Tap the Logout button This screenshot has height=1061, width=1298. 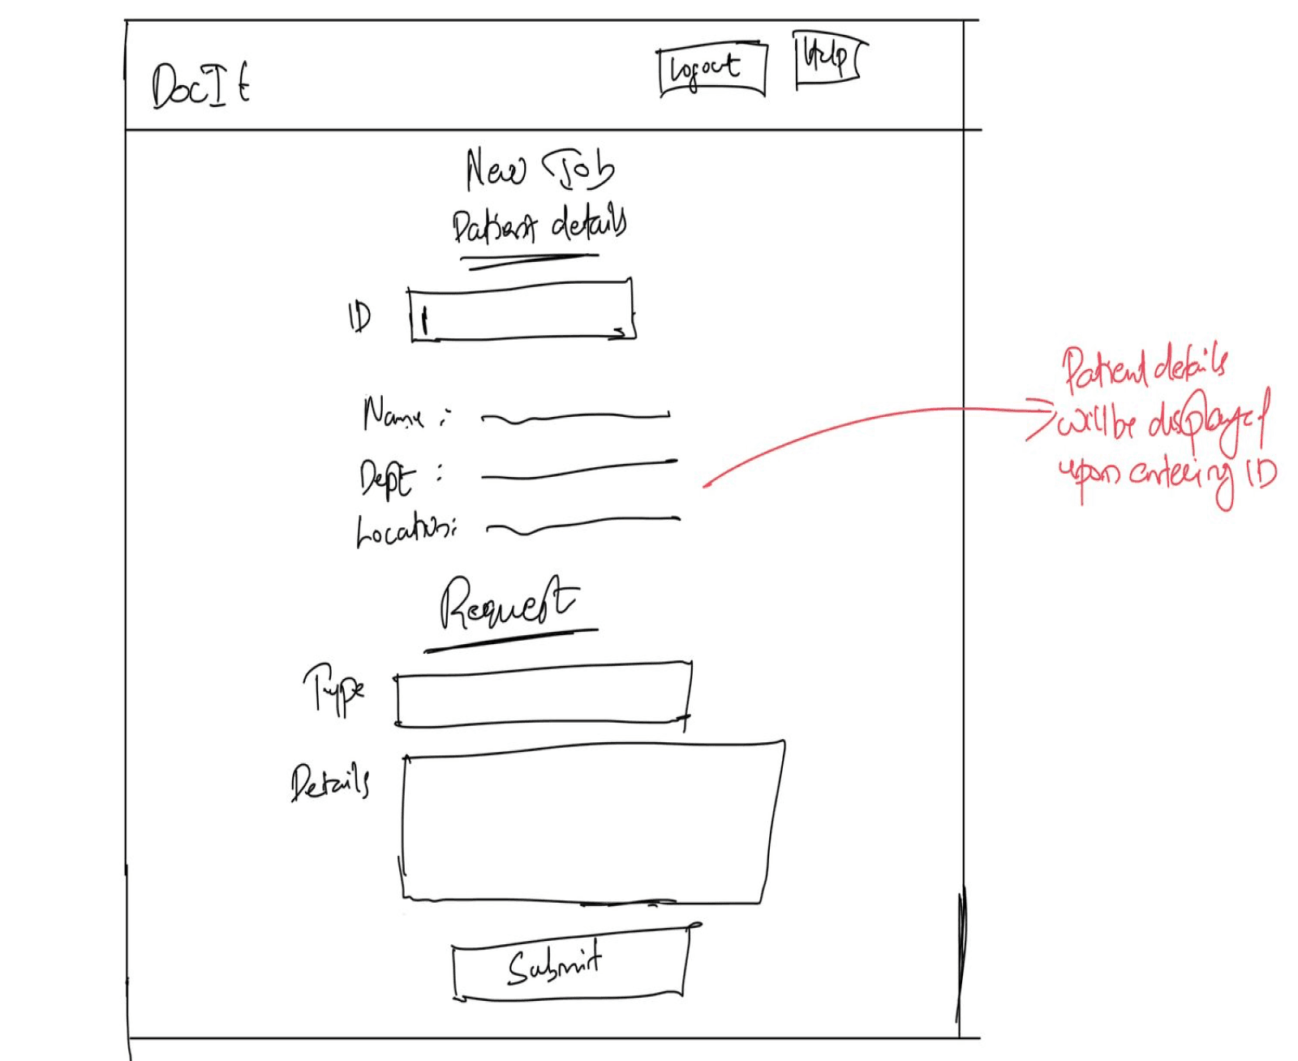(711, 71)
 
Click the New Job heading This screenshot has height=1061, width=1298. (539, 170)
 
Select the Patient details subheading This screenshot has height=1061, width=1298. (539, 225)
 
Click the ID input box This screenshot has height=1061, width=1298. (522, 311)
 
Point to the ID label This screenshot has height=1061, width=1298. (359, 316)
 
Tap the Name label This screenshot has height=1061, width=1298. (394, 415)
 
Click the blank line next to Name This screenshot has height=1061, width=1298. (575, 418)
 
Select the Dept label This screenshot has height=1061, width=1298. (388, 477)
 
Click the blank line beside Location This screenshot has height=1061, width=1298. (582, 525)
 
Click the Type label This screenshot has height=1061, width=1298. (334, 689)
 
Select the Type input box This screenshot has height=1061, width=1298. (542, 694)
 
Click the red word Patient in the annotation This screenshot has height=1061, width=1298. (1104, 369)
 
